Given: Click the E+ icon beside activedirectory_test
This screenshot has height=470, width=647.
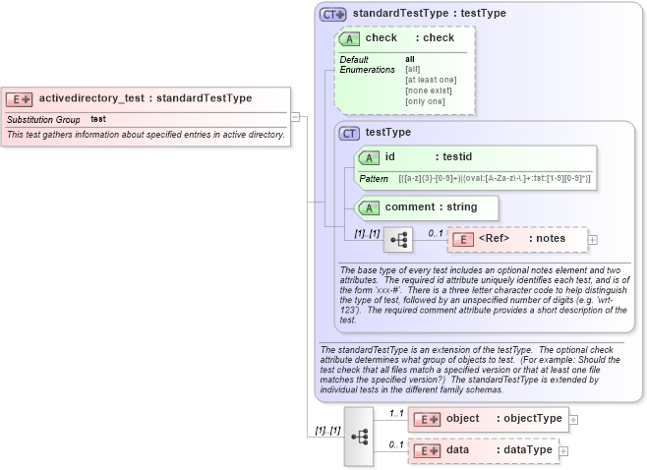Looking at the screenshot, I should click(x=20, y=98).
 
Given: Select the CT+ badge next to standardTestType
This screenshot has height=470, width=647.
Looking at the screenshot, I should click(x=333, y=14).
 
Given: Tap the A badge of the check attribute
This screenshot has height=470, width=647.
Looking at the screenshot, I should click(x=349, y=38).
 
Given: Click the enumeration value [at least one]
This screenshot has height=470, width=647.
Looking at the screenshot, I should click(x=431, y=80).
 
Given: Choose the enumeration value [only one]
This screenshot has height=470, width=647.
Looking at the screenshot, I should click(x=425, y=101).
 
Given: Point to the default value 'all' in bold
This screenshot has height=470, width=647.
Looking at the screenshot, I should click(x=410, y=59).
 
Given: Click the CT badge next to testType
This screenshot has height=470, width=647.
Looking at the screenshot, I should click(x=349, y=133).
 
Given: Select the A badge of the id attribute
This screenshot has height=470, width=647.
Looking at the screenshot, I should click(x=368, y=157).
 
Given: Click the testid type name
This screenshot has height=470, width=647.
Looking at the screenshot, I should click(x=457, y=157).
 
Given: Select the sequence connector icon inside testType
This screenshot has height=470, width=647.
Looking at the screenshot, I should click(x=398, y=239).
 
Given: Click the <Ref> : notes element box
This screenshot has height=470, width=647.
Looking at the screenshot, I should click(x=517, y=239).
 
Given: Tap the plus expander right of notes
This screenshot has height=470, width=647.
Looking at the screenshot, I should click(x=592, y=239).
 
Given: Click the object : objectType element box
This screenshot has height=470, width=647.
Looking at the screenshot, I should click(x=488, y=419).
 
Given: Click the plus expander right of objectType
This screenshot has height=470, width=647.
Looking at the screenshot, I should click(x=573, y=419).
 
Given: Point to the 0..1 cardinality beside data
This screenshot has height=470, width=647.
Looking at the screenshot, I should click(x=396, y=444).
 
